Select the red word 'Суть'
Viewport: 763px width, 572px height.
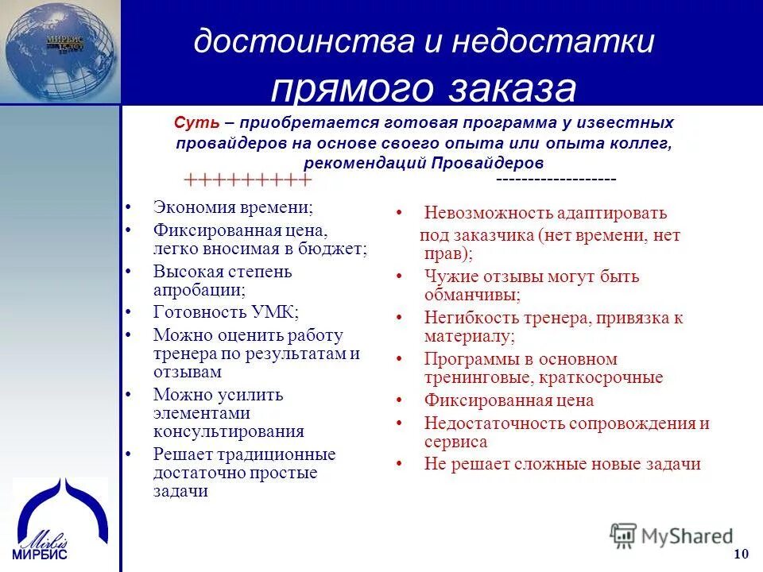(191, 123)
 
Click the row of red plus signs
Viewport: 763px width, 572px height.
(247, 180)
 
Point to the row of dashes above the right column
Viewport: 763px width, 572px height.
(556, 180)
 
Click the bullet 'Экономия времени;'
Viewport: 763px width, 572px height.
(232, 207)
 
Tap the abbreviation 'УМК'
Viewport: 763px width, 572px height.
(270, 312)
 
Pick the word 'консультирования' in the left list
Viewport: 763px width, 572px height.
(229, 432)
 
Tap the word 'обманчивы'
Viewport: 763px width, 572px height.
(471, 295)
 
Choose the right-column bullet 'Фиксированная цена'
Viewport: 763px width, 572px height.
(509, 401)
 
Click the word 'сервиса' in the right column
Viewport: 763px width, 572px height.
(455, 443)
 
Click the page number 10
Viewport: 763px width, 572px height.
(741, 554)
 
